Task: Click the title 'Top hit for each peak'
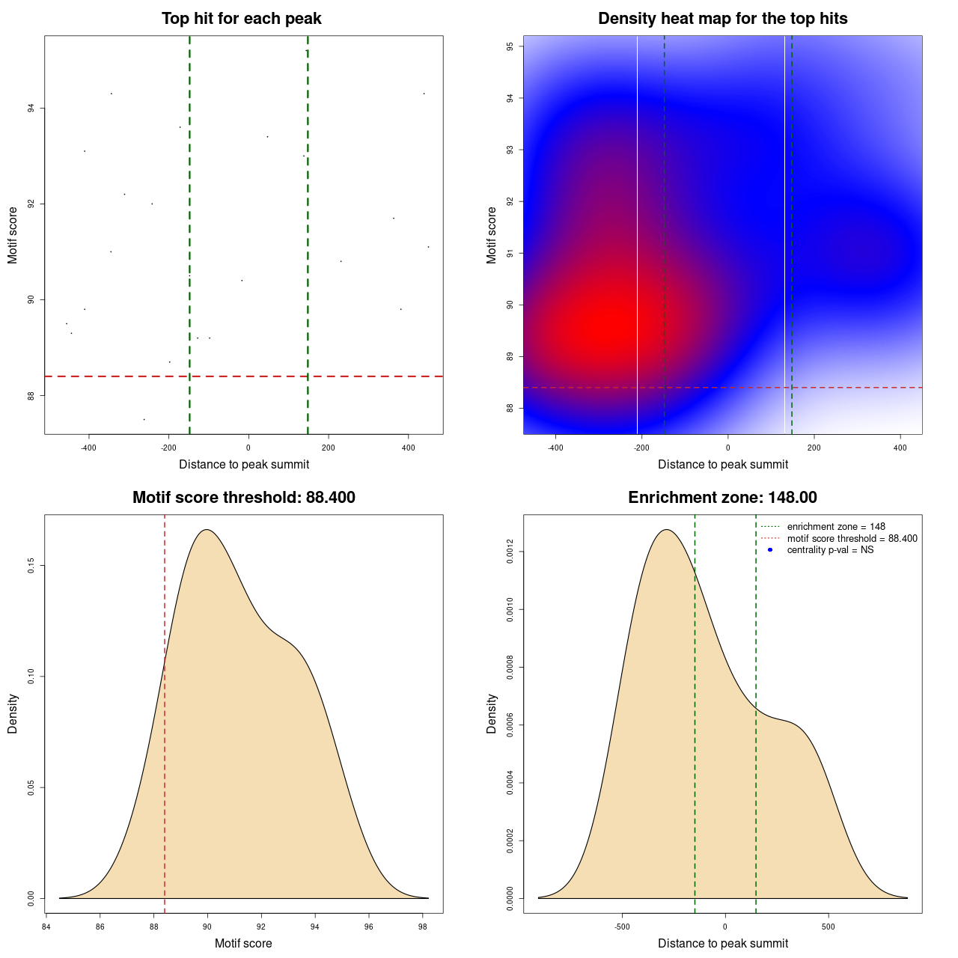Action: (241, 19)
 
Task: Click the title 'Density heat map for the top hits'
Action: (722, 19)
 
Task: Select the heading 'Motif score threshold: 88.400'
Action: (243, 498)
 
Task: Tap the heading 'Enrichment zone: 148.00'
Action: (722, 498)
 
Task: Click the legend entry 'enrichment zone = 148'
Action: (836, 527)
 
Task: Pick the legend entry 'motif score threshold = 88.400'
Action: (852, 539)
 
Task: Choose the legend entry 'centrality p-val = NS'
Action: (830, 550)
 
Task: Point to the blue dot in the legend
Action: (770, 550)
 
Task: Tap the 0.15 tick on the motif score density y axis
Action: (31, 566)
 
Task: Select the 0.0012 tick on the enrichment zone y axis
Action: (510, 552)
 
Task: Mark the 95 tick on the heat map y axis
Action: (510, 46)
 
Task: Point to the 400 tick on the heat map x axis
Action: (900, 448)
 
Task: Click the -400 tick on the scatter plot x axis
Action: (88, 448)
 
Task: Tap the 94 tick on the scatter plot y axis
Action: (31, 109)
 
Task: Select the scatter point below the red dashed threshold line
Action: (144, 419)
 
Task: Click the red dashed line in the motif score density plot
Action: (165, 711)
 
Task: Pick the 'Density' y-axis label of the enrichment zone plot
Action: (492, 713)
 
